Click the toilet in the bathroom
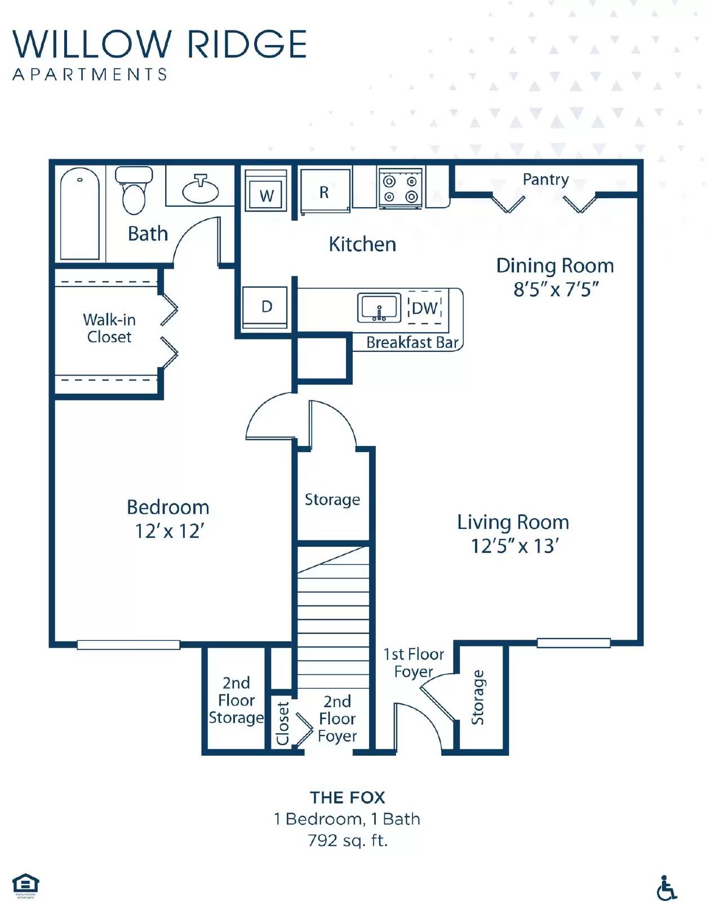[x=134, y=191]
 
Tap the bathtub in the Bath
[x=80, y=214]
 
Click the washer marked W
[x=267, y=190]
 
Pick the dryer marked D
[x=266, y=307]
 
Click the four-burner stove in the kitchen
[x=400, y=189]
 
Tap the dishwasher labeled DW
[x=424, y=308]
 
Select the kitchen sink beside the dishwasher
[x=379, y=308]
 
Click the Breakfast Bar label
[x=412, y=342]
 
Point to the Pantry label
[x=545, y=180]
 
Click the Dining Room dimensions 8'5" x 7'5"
[x=555, y=289]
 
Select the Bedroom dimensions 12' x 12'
[x=169, y=531]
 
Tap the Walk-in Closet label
[x=109, y=328]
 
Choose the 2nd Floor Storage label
[x=236, y=701]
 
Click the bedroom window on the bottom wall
[x=128, y=645]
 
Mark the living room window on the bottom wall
[x=573, y=643]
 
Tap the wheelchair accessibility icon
[x=667, y=888]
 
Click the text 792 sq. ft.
[x=348, y=841]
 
